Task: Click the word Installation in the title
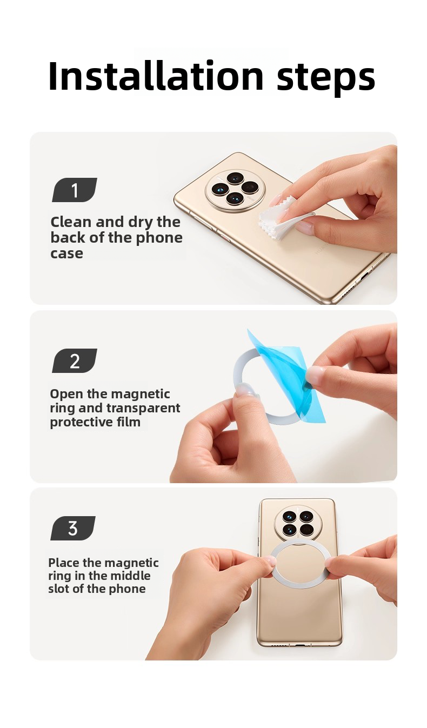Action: click(156, 76)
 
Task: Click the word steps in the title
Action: click(326, 78)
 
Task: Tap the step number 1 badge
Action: click(75, 190)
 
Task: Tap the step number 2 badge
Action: click(75, 360)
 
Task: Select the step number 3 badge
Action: click(73, 528)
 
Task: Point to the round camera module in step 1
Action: click(235, 190)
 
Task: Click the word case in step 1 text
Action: click(66, 253)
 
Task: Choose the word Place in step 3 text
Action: click(64, 563)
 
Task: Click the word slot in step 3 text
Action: click(58, 589)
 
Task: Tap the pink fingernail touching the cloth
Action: click(278, 199)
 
